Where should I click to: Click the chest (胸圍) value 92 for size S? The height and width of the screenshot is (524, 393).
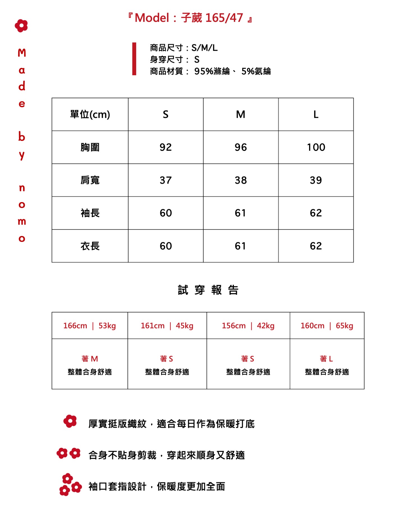[166, 147]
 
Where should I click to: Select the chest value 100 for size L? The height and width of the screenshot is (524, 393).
[316, 147]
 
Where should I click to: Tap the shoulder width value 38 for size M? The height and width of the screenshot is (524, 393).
[241, 180]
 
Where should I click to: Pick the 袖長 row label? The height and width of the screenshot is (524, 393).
[90, 213]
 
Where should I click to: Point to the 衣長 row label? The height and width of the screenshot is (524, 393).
[90, 246]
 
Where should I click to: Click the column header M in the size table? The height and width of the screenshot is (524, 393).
[241, 115]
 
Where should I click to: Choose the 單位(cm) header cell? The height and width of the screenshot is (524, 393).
[90, 115]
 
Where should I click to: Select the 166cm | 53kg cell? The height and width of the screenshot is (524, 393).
[90, 326]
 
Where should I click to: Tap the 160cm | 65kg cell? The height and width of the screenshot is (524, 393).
[327, 326]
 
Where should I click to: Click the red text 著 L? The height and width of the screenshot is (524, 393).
[326, 359]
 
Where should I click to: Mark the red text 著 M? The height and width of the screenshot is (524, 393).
[90, 359]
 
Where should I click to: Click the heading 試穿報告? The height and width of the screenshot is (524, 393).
[208, 290]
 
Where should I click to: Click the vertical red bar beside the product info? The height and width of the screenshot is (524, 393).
[134, 59]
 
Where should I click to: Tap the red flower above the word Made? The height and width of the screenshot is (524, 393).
[21, 26]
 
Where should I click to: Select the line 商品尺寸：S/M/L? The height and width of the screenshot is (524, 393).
[184, 48]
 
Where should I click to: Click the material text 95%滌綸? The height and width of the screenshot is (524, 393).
[212, 71]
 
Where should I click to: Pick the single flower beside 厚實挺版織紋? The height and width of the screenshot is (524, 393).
[70, 421]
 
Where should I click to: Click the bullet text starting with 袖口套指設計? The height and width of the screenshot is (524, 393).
[157, 486]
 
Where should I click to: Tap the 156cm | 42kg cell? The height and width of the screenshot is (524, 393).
[248, 326]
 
